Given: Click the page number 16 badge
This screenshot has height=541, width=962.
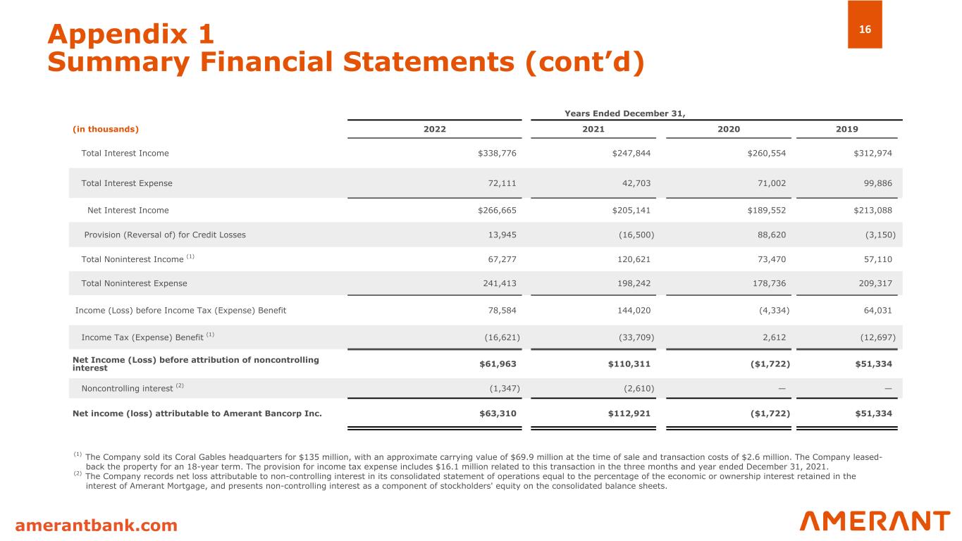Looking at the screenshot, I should (865, 29).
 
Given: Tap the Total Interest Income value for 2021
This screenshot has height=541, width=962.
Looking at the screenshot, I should (631, 153).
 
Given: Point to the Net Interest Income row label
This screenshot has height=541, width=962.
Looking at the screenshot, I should (128, 210).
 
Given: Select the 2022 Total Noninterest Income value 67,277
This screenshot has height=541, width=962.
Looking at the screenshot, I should (501, 259).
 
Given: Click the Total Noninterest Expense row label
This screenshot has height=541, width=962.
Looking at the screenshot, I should (134, 283).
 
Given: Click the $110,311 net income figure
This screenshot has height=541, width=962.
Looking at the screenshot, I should (629, 364).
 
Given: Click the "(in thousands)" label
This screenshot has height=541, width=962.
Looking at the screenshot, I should (106, 129).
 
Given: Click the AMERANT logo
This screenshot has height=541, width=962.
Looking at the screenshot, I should (875, 521).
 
